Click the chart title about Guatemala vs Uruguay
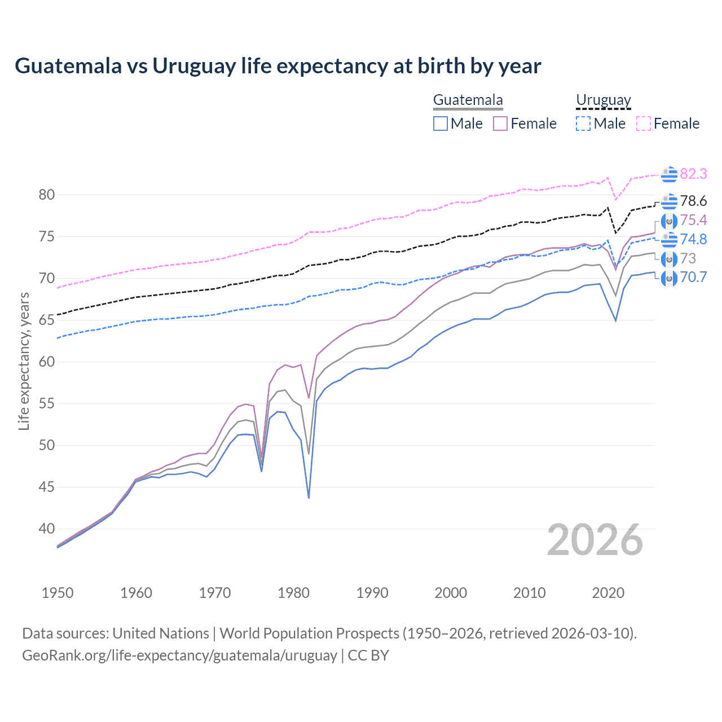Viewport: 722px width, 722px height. click(278, 66)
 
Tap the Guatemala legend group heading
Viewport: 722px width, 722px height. click(468, 100)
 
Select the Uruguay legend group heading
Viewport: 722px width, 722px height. click(603, 100)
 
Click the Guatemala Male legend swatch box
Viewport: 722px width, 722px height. click(441, 124)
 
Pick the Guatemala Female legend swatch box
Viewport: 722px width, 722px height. click(500, 124)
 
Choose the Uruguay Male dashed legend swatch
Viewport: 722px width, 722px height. click(583, 124)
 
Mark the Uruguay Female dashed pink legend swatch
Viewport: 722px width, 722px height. click(644, 124)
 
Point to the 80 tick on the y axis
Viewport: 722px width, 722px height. click(47, 195)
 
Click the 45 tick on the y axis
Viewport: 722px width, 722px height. click(47, 487)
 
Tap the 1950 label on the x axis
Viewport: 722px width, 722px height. click(58, 593)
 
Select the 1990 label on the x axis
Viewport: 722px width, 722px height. click(372, 593)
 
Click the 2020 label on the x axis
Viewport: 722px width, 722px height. click(608, 593)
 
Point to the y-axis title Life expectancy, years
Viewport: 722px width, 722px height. click(24, 361)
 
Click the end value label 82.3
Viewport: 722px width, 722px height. click(693, 174)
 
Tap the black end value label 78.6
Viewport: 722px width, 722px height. click(693, 201)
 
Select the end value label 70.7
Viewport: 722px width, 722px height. click(693, 278)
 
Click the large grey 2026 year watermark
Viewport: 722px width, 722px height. click(595, 540)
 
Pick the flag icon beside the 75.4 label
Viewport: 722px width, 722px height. click(669, 221)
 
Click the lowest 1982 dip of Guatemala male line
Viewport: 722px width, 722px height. click(309, 497)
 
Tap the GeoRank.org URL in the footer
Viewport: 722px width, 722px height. click(179, 655)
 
